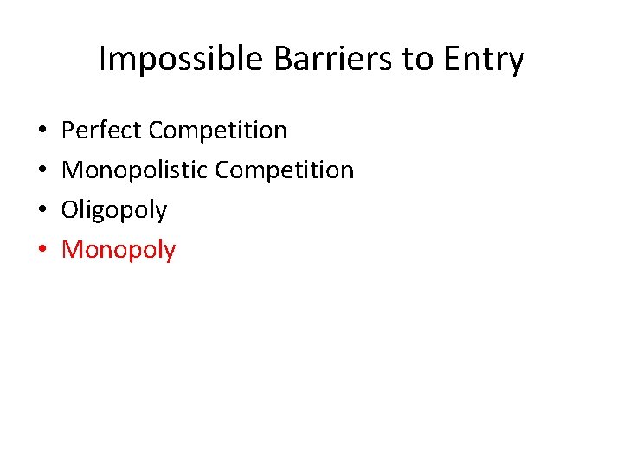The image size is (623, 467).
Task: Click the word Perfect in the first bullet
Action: (102, 131)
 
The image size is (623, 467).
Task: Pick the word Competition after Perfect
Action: (218, 131)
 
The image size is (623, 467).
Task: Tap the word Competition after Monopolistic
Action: (285, 170)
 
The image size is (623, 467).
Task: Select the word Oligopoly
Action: (114, 210)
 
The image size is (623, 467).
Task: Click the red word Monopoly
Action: (119, 250)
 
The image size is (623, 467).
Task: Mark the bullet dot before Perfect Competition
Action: (43, 131)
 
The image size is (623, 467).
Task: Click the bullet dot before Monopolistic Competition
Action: (43, 171)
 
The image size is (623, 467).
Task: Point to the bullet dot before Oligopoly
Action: (43, 211)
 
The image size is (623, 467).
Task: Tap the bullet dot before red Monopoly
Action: (43, 251)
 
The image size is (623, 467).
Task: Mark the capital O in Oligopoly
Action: (71, 210)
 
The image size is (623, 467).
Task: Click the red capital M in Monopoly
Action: (74, 250)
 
